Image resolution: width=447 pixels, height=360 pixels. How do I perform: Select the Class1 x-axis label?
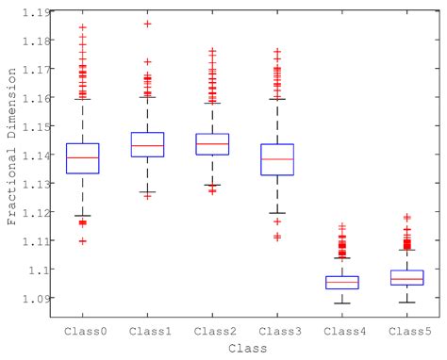tap(147, 331)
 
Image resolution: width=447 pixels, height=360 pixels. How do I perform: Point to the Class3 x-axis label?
tap(276, 331)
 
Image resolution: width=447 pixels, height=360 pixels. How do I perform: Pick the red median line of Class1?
tap(147, 145)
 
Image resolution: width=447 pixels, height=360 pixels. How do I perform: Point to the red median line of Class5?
tap(406, 279)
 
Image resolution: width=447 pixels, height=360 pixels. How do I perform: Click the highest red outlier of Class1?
tap(147, 24)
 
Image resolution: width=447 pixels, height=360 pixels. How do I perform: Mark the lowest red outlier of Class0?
tap(83, 241)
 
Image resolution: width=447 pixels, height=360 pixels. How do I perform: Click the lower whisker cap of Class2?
tap(211, 186)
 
